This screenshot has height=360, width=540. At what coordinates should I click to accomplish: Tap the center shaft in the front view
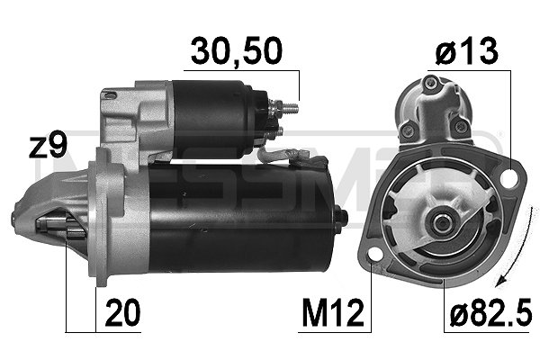[442, 220]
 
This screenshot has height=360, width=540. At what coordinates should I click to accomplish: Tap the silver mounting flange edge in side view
[101, 216]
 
